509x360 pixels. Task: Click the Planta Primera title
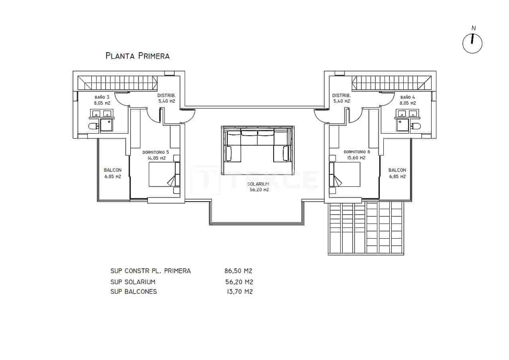137,56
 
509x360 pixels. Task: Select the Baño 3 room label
102,100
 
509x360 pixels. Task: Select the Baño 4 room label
408,100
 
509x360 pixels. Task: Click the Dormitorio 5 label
156,155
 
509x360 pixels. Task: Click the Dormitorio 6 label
357,155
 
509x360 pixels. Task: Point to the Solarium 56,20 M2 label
258,186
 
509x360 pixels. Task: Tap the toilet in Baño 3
93,127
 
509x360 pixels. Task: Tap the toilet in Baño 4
416,127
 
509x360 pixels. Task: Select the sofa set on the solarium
258,145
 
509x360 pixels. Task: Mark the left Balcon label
112,173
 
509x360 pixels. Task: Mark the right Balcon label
397,173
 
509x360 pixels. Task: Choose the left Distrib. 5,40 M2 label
166,98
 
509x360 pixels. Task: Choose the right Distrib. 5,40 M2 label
341,98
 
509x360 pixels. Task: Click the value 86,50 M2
238,271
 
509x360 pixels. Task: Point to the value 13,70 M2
239,291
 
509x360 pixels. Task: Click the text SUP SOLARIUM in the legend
132,282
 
